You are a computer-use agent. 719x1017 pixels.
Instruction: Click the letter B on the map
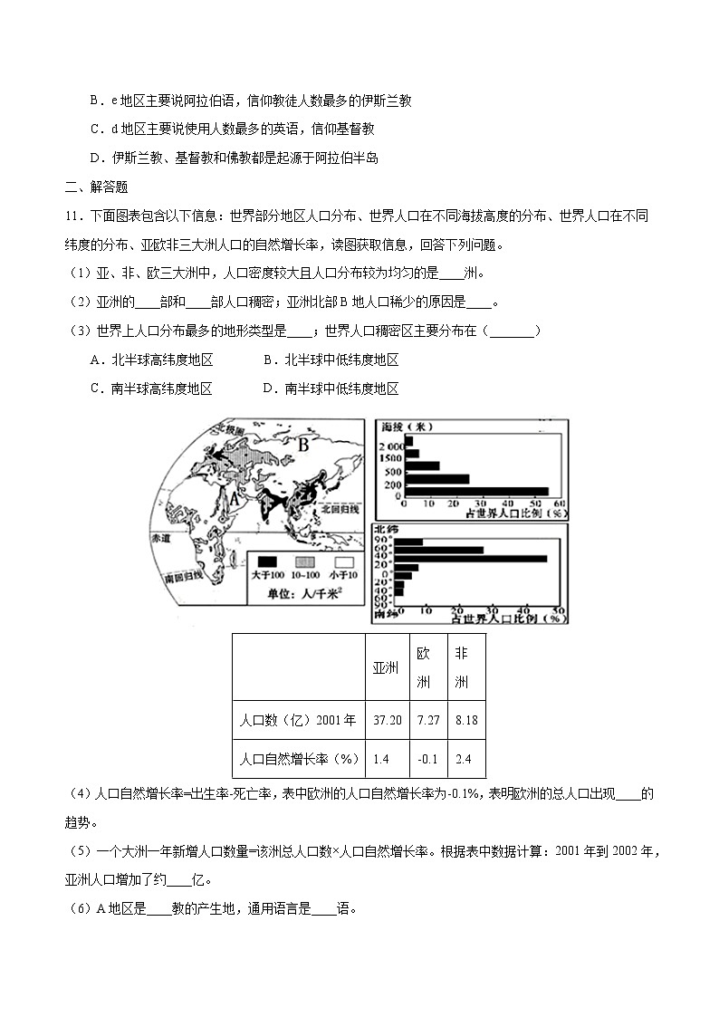304,445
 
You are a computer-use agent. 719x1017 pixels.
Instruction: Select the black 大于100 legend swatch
267,561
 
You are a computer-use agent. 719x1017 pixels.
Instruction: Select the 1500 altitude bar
412,454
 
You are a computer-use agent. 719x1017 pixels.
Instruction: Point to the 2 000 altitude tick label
391,447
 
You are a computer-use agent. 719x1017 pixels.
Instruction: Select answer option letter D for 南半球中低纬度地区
269,389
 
